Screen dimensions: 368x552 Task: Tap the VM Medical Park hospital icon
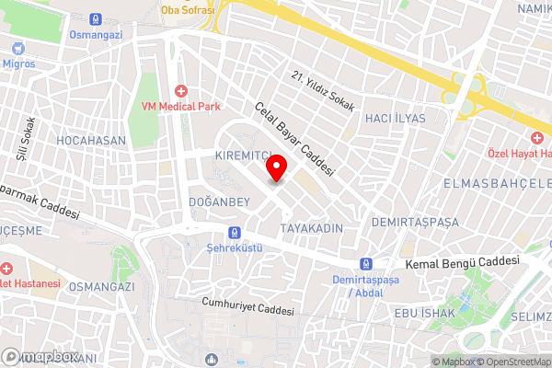[181, 91]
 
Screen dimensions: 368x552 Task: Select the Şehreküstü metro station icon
[236, 233]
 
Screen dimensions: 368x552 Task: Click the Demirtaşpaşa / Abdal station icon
[367, 262]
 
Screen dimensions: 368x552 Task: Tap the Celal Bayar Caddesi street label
[294, 139]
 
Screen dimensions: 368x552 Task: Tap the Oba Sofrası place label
[188, 9]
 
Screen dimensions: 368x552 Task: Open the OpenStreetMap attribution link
[512, 362]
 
